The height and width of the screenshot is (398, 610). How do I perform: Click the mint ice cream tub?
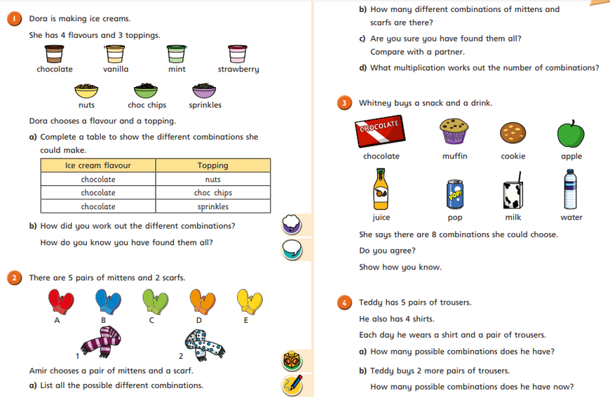point(175,53)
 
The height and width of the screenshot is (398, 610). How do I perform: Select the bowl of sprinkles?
point(204,91)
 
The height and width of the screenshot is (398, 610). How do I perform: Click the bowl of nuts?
point(86,91)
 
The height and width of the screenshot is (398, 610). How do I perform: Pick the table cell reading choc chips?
point(212,193)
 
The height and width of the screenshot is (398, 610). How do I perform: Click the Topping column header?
point(212,166)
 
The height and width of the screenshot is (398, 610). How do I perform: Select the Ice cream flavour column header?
point(98,166)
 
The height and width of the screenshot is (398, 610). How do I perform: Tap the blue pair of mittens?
point(107,301)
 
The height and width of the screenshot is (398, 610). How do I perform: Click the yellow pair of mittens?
point(249,301)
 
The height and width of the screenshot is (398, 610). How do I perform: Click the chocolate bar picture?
point(382,131)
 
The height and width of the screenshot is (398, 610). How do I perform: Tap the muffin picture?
point(454,131)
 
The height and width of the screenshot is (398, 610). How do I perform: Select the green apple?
point(570,133)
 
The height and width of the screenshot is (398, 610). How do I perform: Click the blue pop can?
point(454,194)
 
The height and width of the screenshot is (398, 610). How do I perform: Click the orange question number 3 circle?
point(345,103)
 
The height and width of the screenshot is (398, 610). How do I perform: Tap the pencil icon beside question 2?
point(292,385)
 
